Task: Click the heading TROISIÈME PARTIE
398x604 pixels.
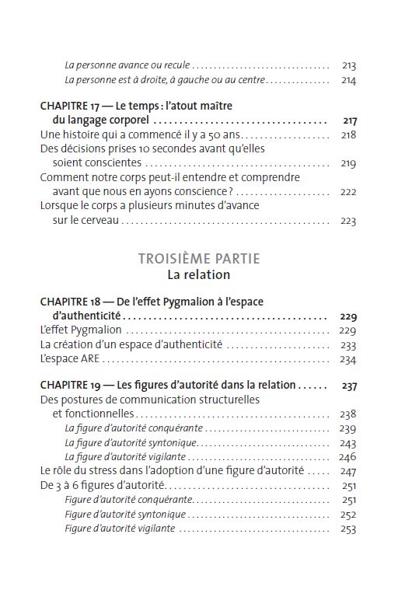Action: pos(198,258)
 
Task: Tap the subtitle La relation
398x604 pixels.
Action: pos(198,275)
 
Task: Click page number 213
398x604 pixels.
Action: pos(348,66)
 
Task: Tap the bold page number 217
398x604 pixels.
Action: pos(349,120)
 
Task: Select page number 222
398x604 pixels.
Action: pos(347,192)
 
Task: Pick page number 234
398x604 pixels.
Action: pos(347,359)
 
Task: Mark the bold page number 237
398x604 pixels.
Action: pos(349,386)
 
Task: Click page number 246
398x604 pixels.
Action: pos(347,457)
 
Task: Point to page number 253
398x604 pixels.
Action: pos(347,529)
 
